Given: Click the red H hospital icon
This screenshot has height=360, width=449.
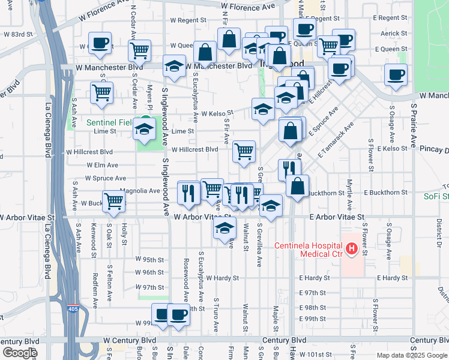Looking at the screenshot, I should tap(352, 247).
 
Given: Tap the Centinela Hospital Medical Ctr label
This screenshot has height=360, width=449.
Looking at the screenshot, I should tap(309, 250).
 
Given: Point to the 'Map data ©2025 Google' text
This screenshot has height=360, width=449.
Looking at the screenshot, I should tap(411, 355).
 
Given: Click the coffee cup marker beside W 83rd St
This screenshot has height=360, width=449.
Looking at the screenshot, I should tap(101, 43).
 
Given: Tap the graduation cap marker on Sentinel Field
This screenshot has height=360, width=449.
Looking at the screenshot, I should tap(144, 128).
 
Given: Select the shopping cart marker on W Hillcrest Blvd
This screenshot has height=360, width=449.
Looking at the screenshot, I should tap(244, 151).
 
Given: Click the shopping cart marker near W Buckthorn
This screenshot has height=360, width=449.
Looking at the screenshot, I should tap(113, 202).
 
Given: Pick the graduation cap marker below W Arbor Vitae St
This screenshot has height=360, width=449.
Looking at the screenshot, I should tap(224, 228).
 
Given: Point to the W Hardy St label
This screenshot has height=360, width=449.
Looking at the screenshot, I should tap(222, 278).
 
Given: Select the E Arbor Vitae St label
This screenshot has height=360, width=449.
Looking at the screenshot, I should tap(337, 217).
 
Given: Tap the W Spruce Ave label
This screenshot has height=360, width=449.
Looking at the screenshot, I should tap(105, 178).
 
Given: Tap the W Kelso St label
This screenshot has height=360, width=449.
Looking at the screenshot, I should tap(217, 113).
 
